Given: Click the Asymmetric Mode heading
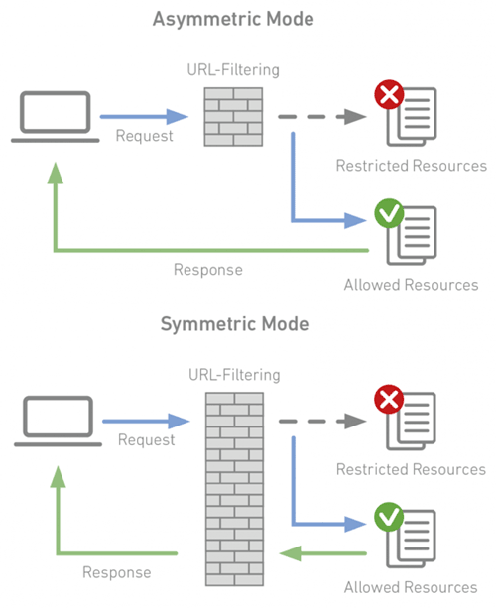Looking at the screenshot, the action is [x=233, y=20].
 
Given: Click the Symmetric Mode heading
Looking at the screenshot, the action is [x=235, y=324].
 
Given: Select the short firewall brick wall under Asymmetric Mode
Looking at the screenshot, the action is [x=233, y=117].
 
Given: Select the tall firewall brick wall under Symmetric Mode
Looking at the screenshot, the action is [x=235, y=489].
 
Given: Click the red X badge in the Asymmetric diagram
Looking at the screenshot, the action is [x=389, y=94].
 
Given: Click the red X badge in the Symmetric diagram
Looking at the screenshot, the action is [x=389, y=400].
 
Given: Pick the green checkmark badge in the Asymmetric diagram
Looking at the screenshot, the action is [x=389, y=213].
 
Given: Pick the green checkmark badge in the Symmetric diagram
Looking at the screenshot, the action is [x=389, y=518].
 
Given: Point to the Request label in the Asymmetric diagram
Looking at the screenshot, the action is [x=144, y=137].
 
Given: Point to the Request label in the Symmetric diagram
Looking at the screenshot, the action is [x=146, y=440].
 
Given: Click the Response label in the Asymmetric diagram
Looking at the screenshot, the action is [x=208, y=270].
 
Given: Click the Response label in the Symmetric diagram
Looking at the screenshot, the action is [x=117, y=572].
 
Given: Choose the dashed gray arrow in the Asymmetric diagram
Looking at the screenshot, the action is [x=322, y=117].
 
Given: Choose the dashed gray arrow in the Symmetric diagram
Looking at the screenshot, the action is [x=322, y=422].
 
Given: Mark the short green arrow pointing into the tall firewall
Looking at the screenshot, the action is [x=322, y=553].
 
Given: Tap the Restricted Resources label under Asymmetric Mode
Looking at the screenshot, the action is [x=412, y=166].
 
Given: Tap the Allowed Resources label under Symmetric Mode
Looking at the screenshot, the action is [x=411, y=588].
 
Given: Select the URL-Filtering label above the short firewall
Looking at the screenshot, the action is [x=233, y=70].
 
